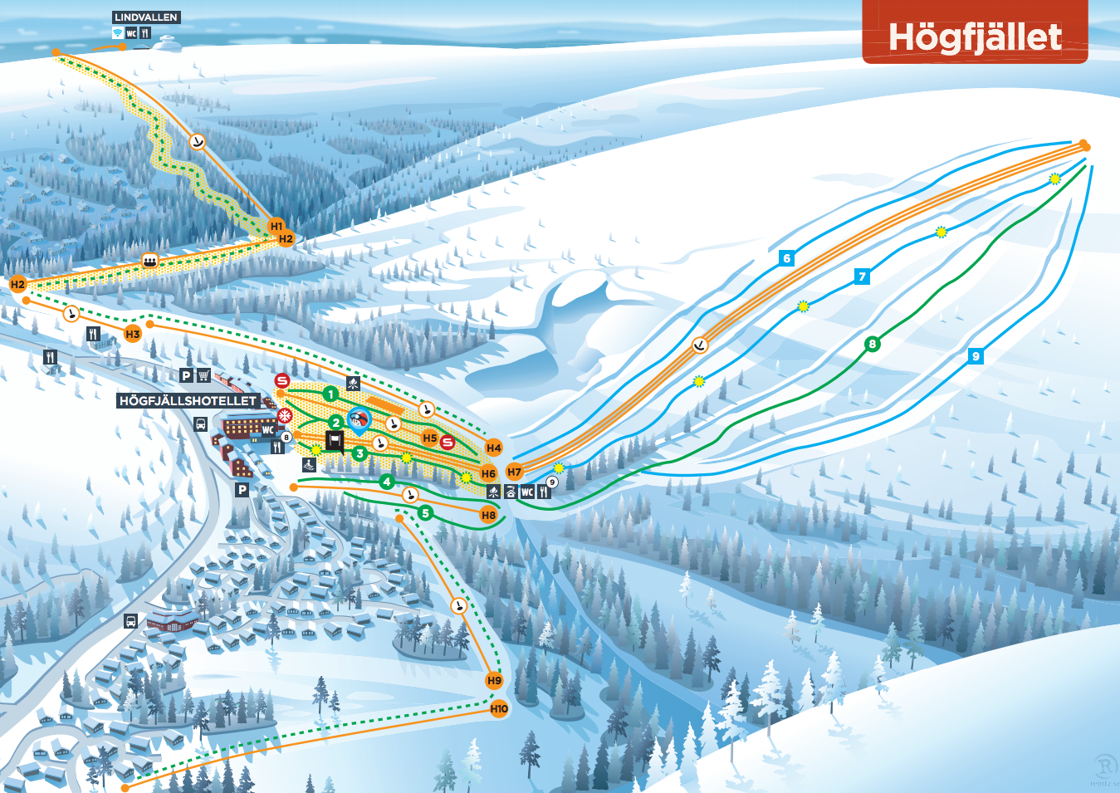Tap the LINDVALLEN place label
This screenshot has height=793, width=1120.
(x=146, y=17)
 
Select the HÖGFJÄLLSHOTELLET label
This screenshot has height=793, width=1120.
(x=188, y=400)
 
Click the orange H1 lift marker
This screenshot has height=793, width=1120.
(x=276, y=226)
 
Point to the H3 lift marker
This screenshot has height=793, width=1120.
(x=133, y=334)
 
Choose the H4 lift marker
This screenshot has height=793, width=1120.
(x=494, y=448)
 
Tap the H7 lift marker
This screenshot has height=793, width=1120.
(x=515, y=472)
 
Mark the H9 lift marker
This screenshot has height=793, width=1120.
(x=494, y=680)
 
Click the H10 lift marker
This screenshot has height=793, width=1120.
(x=499, y=708)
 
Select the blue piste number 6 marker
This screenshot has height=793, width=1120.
(x=787, y=258)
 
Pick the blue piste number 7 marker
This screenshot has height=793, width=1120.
(x=863, y=277)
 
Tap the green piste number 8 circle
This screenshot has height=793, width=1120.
(x=872, y=344)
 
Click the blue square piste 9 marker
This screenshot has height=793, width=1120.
(x=976, y=356)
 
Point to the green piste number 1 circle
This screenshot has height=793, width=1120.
(x=330, y=394)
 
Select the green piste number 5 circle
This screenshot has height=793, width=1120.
(x=425, y=513)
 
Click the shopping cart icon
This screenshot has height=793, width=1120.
(x=204, y=375)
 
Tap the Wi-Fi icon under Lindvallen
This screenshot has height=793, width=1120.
(x=118, y=33)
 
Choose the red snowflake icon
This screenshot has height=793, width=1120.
(x=285, y=415)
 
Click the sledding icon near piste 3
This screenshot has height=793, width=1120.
(x=309, y=465)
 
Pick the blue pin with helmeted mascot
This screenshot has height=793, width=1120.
(x=359, y=420)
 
